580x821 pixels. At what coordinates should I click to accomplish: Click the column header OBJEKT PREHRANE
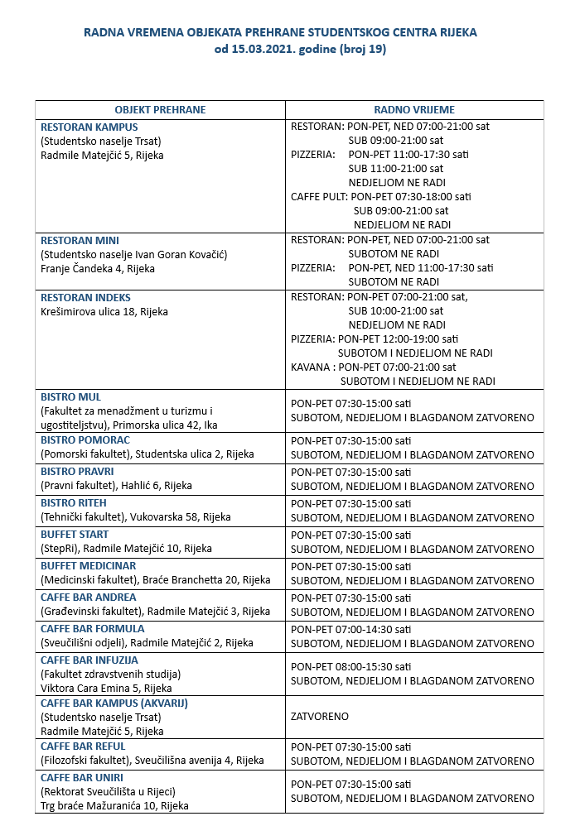coord(160,109)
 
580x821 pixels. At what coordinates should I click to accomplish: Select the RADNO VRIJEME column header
coord(414,109)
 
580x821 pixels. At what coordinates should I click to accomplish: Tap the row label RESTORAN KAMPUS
coord(89,127)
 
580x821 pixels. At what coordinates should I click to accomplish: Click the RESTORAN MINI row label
coord(80,240)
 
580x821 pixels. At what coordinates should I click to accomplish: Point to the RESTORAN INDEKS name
coord(86,298)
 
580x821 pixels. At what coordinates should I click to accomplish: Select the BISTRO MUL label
coord(72,397)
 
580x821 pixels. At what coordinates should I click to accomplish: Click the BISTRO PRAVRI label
coord(77,472)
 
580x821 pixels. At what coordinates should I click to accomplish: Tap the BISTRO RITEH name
coord(74,503)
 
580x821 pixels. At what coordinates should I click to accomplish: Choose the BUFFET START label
coord(75,535)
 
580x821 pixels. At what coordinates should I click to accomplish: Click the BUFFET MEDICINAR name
coord(88,566)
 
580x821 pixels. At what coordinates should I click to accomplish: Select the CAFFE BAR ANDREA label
coord(89,598)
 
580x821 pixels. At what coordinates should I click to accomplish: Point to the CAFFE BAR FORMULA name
coord(93,629)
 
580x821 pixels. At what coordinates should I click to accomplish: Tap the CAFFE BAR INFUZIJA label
coord(89,660)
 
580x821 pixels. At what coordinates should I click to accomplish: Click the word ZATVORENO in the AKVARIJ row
coord(320,717)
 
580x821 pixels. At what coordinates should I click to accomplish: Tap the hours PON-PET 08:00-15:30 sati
coord(351,666)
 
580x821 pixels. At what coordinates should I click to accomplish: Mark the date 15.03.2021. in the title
coord(259,49)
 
